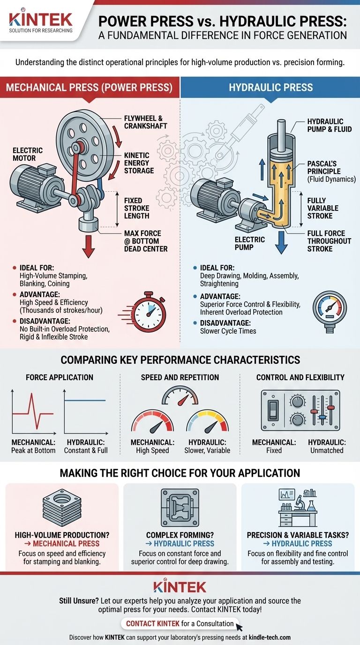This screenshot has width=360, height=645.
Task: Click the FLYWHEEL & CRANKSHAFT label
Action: (x=145, y=122)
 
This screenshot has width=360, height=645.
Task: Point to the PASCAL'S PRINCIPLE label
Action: (x=331, y=172)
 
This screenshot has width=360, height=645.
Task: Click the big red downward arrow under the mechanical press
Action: (x=89, y=246)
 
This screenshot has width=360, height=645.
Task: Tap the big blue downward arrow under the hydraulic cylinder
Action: (x=281, y=242)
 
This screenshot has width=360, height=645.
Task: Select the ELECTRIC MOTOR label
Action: (x=28, y=154)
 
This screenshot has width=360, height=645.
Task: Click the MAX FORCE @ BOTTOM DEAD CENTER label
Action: (x=146, y=241)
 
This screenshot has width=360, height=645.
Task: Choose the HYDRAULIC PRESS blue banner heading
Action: (x=271, y=88)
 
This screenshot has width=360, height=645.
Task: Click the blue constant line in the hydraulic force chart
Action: (x=85, y=400)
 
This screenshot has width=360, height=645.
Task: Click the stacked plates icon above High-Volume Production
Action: (x=62, y=508)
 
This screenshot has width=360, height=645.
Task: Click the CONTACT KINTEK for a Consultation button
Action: (x=180, y=623)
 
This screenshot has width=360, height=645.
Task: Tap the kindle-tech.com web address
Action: (x=270, y=637)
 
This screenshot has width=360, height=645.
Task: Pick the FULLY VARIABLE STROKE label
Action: (x=322, y=208)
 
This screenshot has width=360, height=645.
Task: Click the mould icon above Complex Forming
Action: (x=180, y=508)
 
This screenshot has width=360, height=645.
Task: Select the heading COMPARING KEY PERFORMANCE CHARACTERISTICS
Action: (x=180, y=360)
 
